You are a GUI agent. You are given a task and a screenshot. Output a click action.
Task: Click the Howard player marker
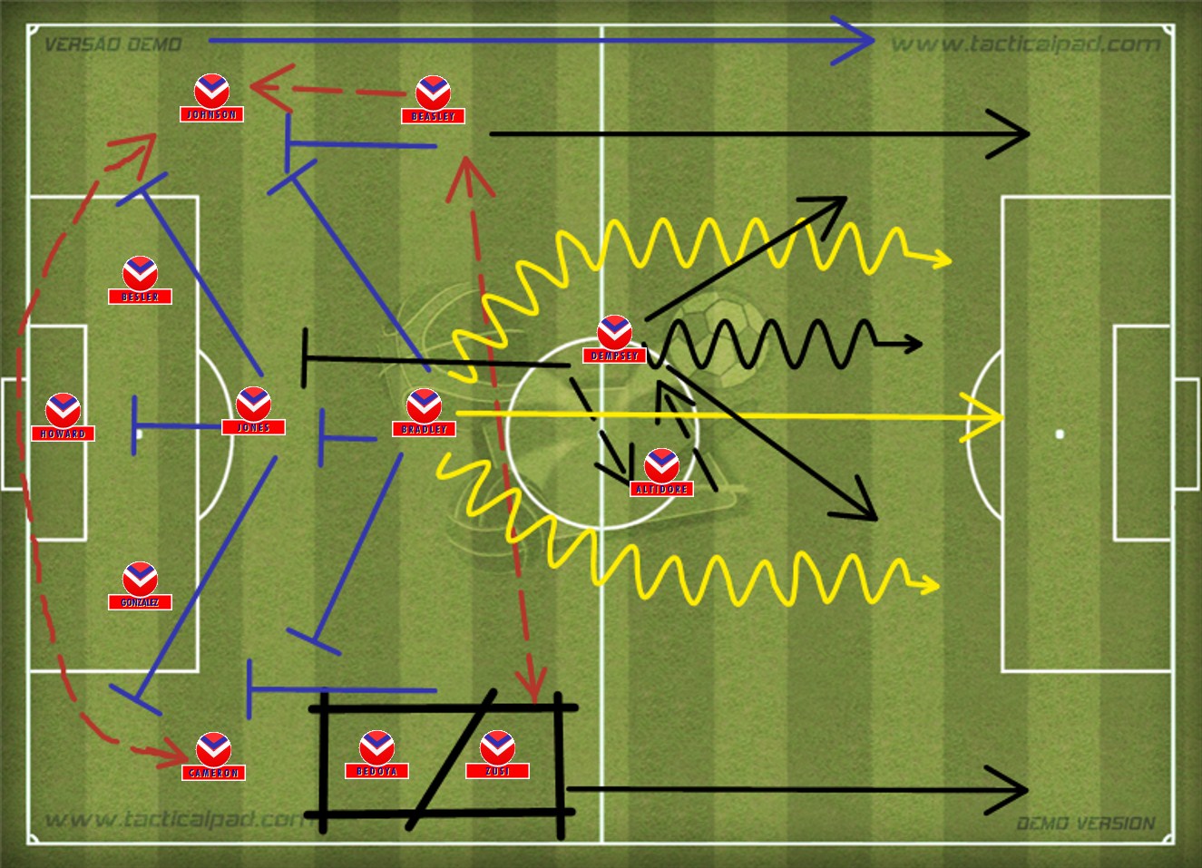tap(63, 411)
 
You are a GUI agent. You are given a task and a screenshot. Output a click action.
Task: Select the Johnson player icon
tap(211, 92)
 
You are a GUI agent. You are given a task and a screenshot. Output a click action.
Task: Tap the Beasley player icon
tap(433, 93)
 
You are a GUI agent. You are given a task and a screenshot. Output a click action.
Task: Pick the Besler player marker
tap(140, 274)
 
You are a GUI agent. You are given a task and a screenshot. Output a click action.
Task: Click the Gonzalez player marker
tap(140, 580)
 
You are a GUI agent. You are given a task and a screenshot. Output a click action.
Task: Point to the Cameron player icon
tap(213, 750)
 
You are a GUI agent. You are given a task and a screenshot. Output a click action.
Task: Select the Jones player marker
tap(253, 405)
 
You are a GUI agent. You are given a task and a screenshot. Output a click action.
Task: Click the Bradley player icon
tap(424, 406)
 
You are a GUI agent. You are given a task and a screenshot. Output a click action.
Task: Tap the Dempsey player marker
tap(614, 333)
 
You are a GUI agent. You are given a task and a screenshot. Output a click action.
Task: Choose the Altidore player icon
tap(661, 466)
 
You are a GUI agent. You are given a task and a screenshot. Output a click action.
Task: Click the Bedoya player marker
tap(376, 748)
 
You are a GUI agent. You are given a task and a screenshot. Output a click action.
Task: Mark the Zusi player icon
tap(497, 748)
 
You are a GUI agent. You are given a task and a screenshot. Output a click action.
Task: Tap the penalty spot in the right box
tap(1060, 434)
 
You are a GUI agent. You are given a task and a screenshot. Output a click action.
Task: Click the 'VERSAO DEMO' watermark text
tap(112, 44)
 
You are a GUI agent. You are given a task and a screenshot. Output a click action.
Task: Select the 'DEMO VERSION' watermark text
tap(1086, 824)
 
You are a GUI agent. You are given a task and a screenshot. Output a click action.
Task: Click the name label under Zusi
tap(497, 771)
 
